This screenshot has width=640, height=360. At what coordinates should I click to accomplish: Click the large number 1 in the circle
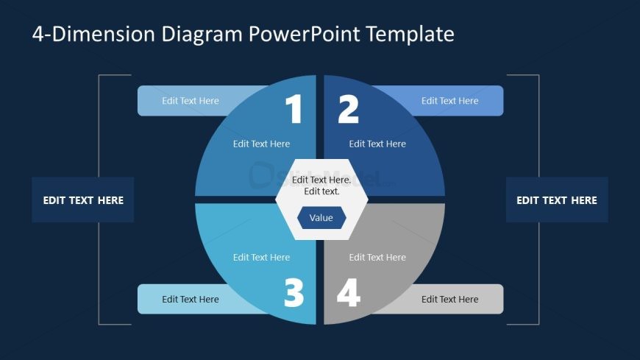294,110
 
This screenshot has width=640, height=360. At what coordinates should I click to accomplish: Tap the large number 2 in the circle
348,110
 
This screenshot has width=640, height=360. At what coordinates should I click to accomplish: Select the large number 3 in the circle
294,294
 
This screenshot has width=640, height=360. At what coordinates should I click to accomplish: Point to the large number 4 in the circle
348,294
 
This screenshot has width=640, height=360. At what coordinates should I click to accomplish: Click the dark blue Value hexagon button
321,218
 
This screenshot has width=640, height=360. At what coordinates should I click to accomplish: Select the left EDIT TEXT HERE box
83,200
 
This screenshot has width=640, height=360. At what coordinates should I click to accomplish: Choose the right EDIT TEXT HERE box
557,200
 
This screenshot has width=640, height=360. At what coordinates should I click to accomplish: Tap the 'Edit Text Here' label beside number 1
191,101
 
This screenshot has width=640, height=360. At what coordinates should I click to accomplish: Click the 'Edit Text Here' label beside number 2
449,101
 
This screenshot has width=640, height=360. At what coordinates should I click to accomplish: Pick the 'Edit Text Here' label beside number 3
191,300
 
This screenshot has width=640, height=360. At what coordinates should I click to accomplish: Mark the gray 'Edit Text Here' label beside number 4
449,300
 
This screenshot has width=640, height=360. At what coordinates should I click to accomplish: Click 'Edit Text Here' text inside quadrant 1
261,144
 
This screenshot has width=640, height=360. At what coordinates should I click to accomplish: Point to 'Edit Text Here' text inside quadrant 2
377,144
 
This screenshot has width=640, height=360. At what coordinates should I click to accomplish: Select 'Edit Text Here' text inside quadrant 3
261,258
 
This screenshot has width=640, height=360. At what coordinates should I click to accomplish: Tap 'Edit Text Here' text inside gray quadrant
377,258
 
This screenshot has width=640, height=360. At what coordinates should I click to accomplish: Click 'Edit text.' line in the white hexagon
321,191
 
